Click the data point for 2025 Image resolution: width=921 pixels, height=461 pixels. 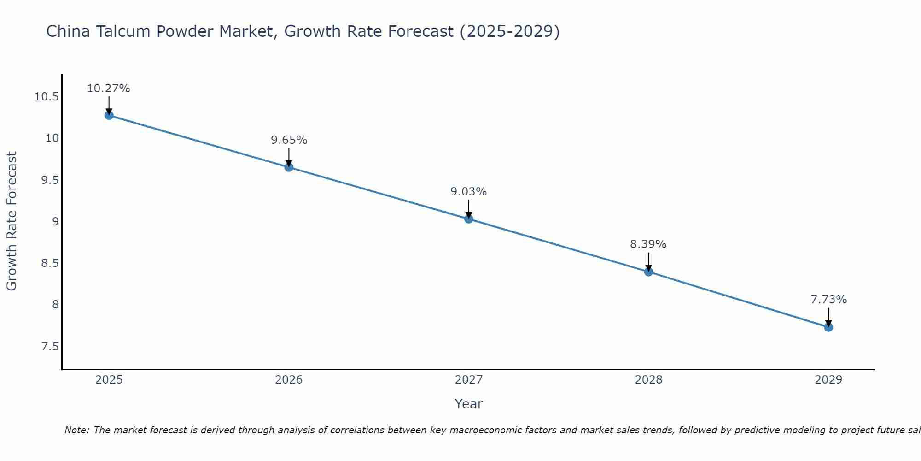(109, 115)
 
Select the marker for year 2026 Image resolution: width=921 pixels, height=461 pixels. (289, 167)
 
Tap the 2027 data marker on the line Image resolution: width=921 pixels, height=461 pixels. (469, 219)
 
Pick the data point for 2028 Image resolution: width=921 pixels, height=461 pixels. (648, 272)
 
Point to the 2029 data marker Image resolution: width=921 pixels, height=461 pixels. (828, 327)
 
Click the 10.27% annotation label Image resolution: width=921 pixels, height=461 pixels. (109, 89)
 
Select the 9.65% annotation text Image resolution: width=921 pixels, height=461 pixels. (289, 140)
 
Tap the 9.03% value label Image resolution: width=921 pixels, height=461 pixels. (468, 192)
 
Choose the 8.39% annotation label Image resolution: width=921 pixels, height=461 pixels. (648, 244)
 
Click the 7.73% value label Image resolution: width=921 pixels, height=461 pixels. (828, 300)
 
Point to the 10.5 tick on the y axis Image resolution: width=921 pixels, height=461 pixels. (47, 97)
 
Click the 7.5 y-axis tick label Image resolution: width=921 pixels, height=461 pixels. (50, 346)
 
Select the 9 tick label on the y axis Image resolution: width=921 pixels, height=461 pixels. (55, 222)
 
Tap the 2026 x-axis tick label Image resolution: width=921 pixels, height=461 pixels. (289, 380)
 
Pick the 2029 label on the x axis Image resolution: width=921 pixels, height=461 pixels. (828, 380)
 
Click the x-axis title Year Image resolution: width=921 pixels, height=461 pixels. (468, 404)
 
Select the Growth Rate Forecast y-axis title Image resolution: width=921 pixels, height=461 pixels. (12, 221)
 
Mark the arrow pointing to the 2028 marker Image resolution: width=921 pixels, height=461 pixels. (648, 262)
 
